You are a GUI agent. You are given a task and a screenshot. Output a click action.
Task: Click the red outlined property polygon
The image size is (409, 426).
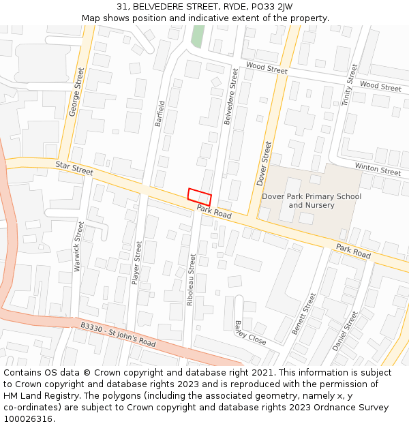click(x=200, y=196)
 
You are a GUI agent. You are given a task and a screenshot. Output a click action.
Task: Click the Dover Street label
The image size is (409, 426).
click(x=264, y=164)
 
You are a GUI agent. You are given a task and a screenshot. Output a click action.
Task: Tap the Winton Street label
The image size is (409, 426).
click(x=378, y=169)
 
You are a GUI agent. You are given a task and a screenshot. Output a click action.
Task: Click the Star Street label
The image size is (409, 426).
click(x=74, y=168)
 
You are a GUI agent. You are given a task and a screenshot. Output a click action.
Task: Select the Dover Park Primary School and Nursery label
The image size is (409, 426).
click(x=312, y=200)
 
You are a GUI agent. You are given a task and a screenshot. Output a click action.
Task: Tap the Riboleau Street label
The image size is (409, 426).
click(x=192, y=279)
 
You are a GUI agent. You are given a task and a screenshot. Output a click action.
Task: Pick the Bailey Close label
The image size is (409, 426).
click(x=250, y=332)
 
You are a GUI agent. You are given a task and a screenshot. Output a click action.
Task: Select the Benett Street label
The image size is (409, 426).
click(x=304, y=313)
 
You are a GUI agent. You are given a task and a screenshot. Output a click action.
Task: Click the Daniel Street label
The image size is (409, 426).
click(x=345, y=331)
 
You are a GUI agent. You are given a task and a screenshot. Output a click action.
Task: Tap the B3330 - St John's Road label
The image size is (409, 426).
click(x=118, y=334)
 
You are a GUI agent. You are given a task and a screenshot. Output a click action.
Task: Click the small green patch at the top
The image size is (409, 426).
click(x=198, y=36)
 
